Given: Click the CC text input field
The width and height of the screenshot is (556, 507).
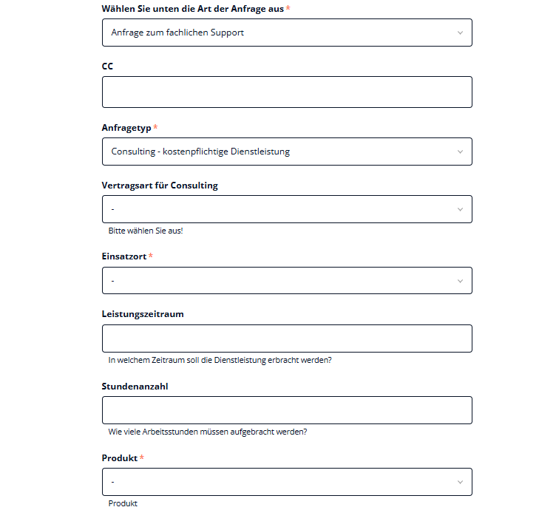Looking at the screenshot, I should [287, 92].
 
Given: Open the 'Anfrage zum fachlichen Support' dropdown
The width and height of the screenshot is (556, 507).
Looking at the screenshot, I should [287, 33].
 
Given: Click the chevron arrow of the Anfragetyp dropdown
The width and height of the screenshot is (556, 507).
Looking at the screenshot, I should [460, 152].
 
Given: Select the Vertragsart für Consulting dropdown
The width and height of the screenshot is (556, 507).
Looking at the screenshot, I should [287, 209].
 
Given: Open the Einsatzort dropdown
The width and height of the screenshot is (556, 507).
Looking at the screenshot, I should [287, 281].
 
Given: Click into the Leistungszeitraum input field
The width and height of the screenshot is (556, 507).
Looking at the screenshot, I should [287, 338].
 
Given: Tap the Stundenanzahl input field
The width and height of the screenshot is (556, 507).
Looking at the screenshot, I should [287, 410].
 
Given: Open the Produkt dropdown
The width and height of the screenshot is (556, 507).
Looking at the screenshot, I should [287, 482].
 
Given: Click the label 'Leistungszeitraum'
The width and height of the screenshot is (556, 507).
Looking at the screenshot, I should [143, 314].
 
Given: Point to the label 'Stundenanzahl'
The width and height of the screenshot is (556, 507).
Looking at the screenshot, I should [135, 386].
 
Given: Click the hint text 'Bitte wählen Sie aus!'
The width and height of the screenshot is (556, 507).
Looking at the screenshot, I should [146, 231].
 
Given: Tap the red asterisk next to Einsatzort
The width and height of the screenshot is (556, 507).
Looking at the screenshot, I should [151, 256].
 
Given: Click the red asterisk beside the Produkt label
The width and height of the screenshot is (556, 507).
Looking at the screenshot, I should [142, 458].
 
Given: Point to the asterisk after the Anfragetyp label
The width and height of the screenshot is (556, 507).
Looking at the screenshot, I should [155, 128].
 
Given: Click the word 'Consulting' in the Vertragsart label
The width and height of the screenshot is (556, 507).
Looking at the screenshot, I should [194, 186].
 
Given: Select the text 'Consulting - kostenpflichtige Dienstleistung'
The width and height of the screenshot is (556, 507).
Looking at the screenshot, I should [200, 152].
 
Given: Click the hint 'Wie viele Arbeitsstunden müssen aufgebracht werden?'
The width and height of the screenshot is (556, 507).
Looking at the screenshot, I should [208, 432].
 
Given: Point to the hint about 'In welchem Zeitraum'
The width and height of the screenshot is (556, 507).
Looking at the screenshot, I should [220, 360].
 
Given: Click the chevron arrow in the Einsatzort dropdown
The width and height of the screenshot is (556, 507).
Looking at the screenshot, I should [460, 281].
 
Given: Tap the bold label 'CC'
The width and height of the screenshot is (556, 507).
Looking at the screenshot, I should [108, 67].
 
